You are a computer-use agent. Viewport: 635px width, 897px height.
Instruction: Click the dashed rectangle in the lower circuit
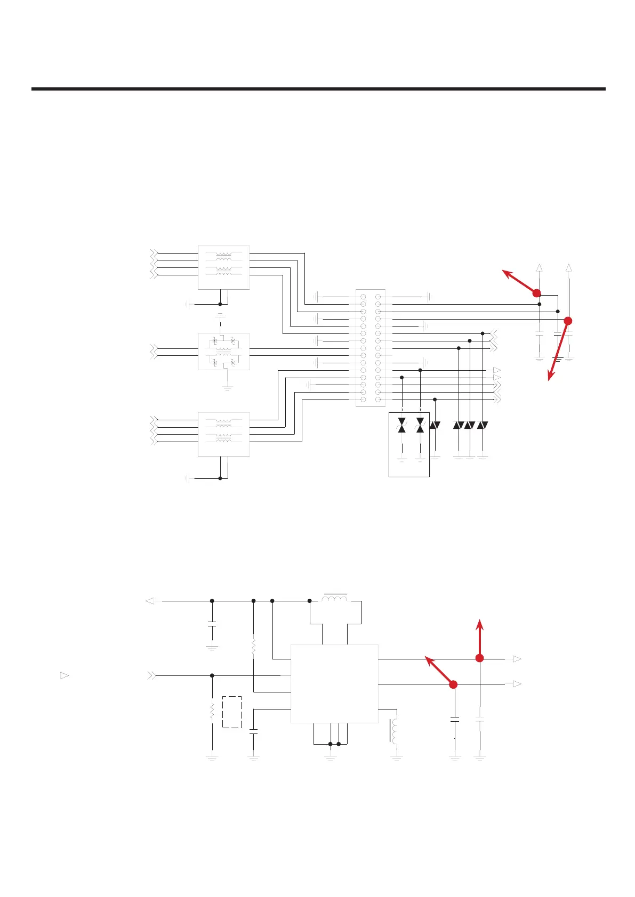pos(232,712)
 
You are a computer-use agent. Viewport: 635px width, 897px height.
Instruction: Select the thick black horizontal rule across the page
pos(318,89)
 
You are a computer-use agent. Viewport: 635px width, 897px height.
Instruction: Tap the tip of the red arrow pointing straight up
pos(480,621)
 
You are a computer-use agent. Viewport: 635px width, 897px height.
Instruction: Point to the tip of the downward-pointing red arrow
pos(550,380)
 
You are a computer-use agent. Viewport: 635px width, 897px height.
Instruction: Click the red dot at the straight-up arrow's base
pos(479,658)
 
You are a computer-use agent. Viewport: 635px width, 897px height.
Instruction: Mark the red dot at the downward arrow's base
pos(568,321)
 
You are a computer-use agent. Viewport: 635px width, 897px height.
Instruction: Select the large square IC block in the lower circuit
pos(334,683)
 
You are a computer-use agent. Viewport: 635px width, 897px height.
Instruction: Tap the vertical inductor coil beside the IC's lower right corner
pos(395,732)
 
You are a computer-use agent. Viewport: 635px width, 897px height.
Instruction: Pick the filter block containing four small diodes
pos(223,352)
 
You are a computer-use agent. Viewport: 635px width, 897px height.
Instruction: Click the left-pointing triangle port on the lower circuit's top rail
pos(150,601)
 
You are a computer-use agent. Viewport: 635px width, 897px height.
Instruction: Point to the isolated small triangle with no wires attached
pos(64,675)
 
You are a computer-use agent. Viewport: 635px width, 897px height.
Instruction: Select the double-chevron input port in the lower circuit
pos(152,675)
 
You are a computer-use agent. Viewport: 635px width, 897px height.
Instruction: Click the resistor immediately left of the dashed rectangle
pos(212,712)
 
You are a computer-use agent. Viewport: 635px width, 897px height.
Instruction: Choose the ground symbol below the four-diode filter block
pos(228,388)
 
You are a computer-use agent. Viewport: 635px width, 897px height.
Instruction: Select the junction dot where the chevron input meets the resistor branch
pos(212,675)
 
